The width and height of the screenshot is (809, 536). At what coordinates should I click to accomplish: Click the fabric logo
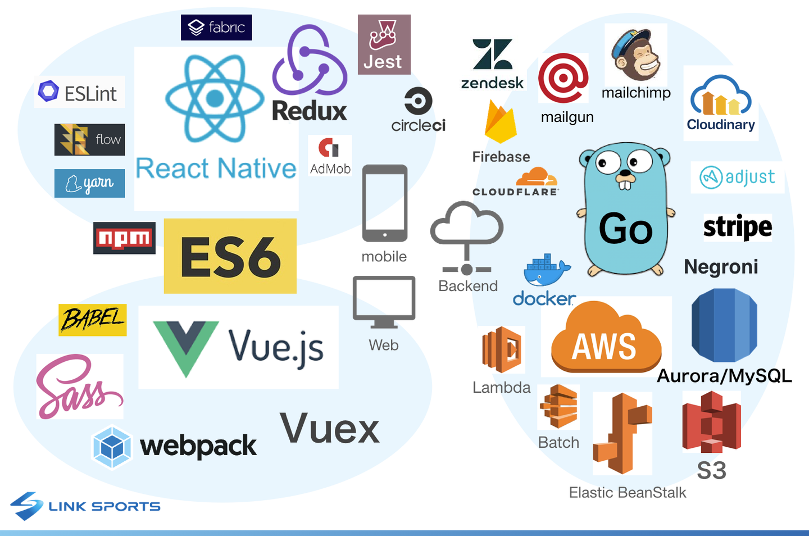[x=216, y=28]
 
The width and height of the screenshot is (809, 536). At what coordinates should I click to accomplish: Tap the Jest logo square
[x=384, y=44]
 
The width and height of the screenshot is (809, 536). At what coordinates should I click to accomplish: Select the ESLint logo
[x=79, y=92]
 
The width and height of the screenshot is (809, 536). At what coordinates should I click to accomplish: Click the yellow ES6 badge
[x=230, y=256]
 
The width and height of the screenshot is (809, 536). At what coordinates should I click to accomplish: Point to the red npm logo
[x=124, y=238]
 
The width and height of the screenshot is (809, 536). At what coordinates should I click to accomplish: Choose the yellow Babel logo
[x=93, y=320]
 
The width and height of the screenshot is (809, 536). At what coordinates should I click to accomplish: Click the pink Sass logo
[x=80, y=387]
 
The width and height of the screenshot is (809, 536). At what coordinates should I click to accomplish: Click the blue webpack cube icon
[x=112, y=447]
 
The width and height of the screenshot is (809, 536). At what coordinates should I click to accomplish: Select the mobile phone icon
[x=385, y=203]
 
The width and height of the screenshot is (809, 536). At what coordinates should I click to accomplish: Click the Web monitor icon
[x=384, y=302]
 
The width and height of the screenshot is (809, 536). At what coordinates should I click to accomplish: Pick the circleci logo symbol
[x=418, y=101]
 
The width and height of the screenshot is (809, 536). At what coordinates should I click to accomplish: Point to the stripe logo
[x=738, y=227]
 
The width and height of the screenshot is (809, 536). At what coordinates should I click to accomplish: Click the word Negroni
[x=721, y=267]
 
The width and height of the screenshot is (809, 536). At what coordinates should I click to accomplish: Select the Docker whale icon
[x=547, y=270]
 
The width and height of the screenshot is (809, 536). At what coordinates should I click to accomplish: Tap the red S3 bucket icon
[x=711, y=421]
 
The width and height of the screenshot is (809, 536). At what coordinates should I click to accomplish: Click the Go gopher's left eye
[x=608, y=162]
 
